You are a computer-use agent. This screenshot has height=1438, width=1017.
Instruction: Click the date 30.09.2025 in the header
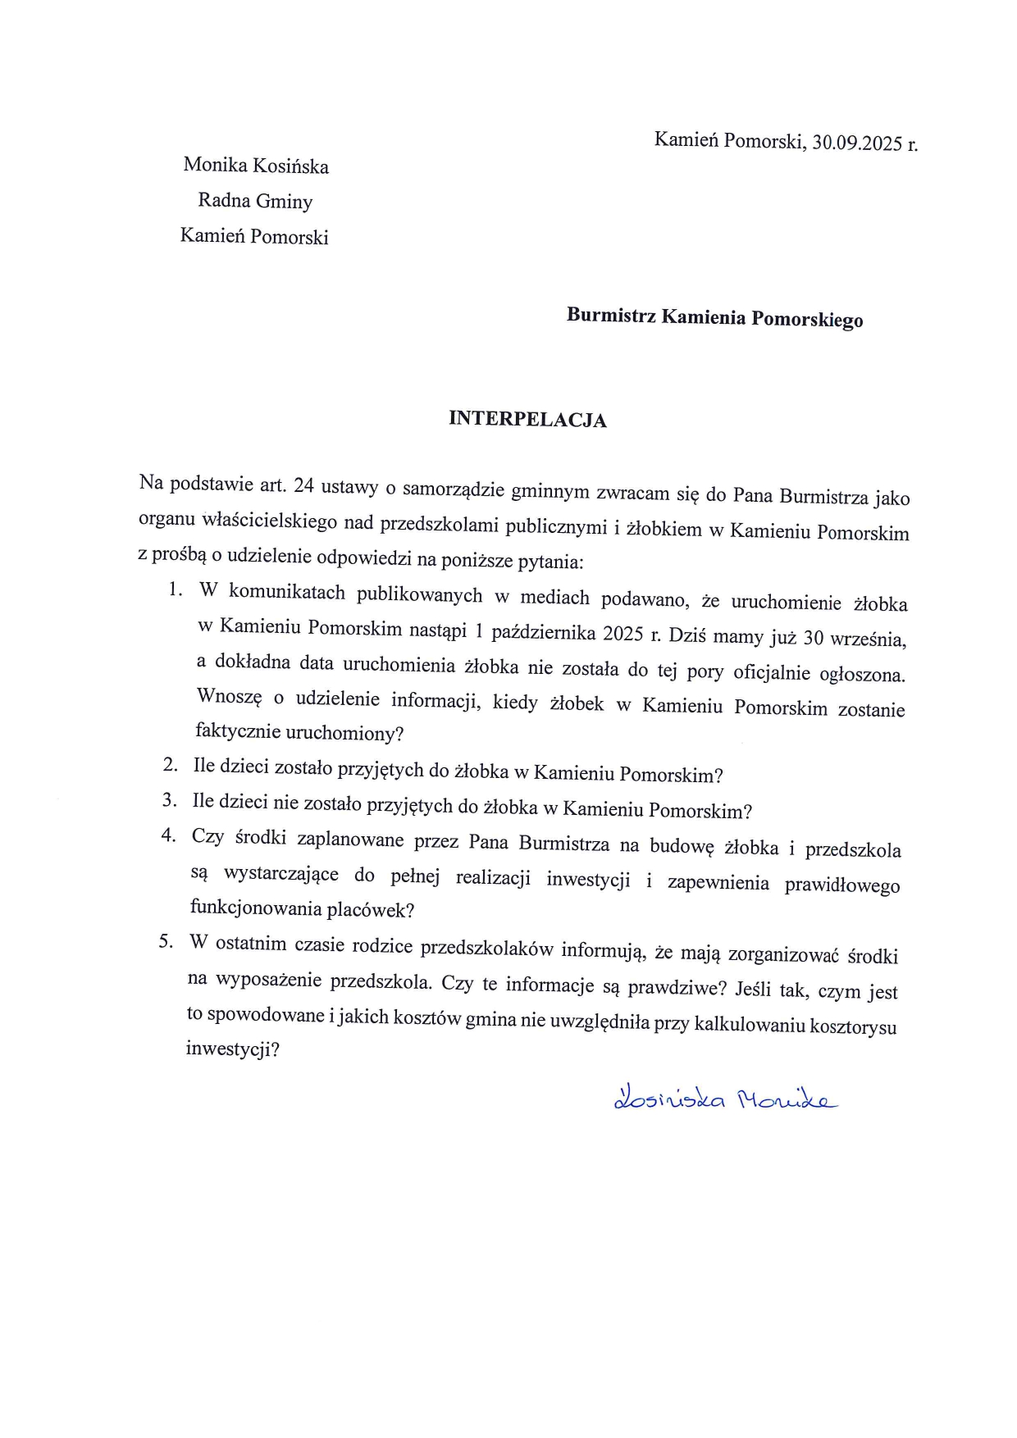pyautogui.click(x=857, y=143)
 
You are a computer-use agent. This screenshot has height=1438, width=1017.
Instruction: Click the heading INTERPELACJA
pyautogui.click(x=527, y=419)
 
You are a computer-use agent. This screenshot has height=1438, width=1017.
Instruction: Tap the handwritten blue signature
pyautogui.click(x=725, y=1099)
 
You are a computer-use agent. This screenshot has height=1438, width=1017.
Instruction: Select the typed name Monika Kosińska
pyautogui.click(x=256, y=166)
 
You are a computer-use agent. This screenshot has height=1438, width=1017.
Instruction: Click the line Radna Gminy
pyautogui.click(x=255, y=201)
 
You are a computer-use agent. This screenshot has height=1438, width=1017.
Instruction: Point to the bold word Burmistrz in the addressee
pyautogui.click(x=611, y=315)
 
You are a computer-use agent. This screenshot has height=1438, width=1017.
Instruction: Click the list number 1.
pyautogui.click(x=174, y=589)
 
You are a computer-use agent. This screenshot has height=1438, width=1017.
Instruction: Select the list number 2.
pyautogui.click(x=170, y=765)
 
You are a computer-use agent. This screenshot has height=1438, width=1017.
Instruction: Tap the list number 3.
pyautogui.click(x=169, y=800)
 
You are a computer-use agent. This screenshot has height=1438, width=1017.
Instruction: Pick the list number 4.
pyautogui.click(x=168, y=835)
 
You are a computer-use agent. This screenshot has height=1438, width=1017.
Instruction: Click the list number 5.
pyautogui.click(x=166, y=941)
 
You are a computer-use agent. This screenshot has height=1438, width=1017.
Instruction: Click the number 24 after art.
pyautogui.click(x=303, y=486)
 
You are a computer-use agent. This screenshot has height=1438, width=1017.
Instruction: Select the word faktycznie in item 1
pyautogui.click(x=236, y=731)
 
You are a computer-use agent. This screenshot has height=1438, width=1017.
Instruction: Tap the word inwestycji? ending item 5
pyautogui.click(x=233, y=1049)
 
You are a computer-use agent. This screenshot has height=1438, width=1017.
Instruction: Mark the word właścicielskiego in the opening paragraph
pyautogui.click(x=266, y=520)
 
